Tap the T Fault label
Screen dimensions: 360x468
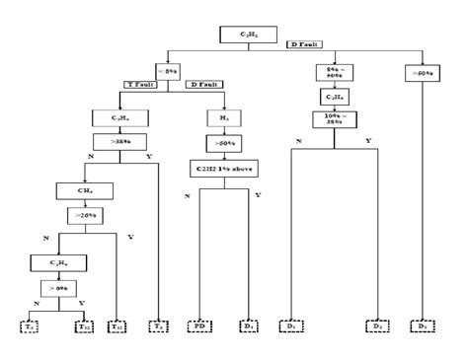click(146, 84)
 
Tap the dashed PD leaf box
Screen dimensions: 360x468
click(201, 325)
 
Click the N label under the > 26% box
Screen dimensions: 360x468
click(45, 238)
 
